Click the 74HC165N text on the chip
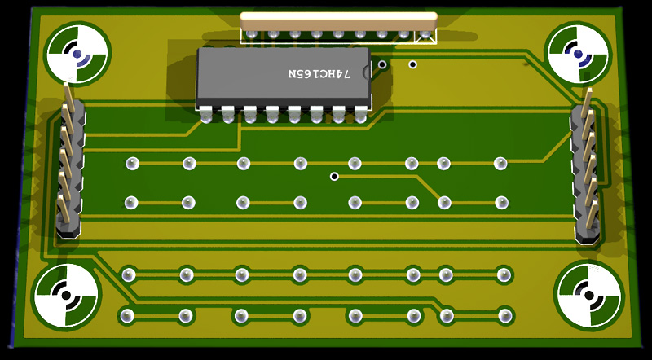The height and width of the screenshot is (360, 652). pos(319,74)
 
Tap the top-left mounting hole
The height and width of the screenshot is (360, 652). pos(77,54)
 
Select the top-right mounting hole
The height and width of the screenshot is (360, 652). pos(578,54)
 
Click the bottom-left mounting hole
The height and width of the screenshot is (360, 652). pos(66,295)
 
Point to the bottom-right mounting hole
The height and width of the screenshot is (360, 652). pos(588,295)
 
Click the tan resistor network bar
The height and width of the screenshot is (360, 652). pos(338,20)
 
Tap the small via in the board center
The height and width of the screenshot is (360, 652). pos(334,177)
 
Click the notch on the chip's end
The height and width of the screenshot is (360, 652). pos(367,70)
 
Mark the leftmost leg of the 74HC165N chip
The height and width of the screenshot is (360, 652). pos(206,114)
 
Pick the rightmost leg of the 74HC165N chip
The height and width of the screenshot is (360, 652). pos(360,114)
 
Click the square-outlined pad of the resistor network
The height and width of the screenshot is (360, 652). pos(425,36)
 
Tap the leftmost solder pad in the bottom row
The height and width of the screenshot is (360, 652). pos(127,316)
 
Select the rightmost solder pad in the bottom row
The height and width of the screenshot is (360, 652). pos(504,315)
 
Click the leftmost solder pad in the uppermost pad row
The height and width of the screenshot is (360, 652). pos(132,163)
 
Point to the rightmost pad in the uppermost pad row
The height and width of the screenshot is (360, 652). pos(500,164)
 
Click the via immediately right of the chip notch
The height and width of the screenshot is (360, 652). pos(381,64)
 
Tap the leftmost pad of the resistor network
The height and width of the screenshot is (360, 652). pos(251,34)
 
